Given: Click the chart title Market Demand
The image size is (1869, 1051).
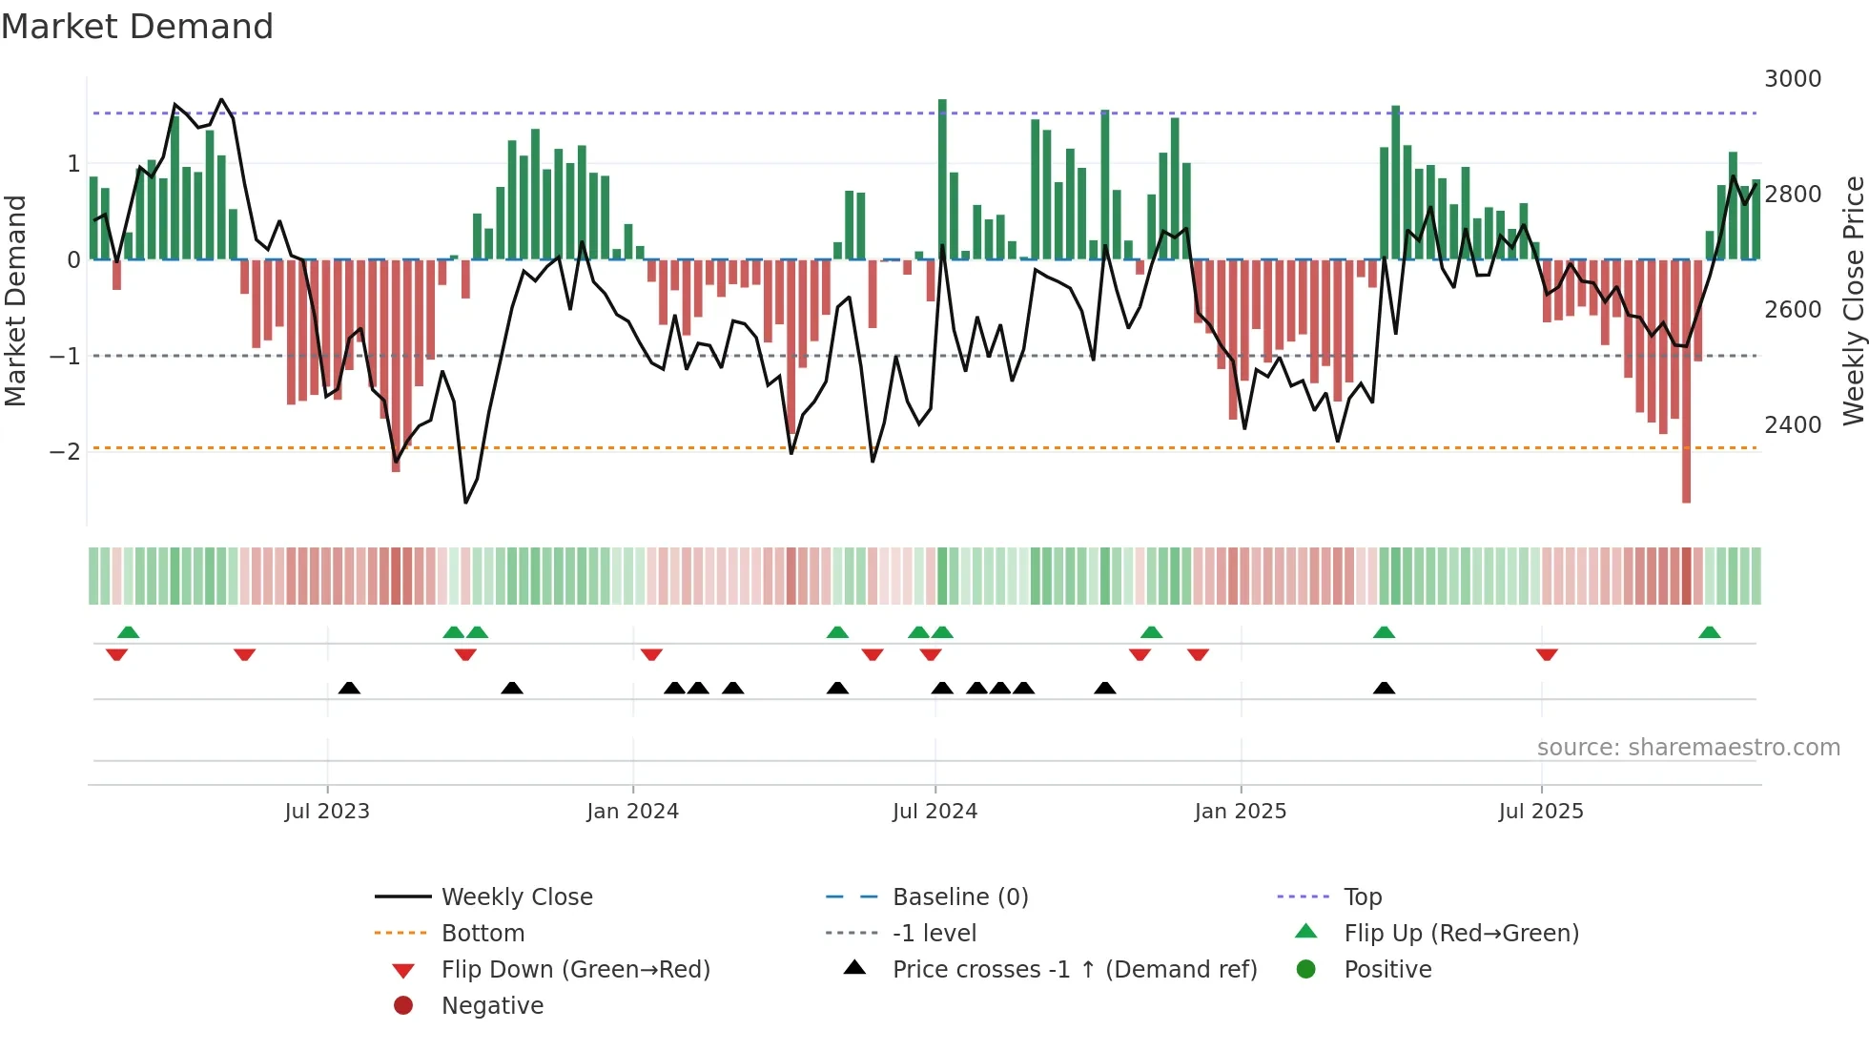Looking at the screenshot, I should point(137,26).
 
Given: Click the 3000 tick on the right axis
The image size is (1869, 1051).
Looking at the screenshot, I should point(1792,79).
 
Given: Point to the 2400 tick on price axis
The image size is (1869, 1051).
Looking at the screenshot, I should point(1792,425).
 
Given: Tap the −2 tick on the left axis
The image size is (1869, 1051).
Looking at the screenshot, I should point(65,451).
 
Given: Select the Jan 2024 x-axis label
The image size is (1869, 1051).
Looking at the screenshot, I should point(632,812).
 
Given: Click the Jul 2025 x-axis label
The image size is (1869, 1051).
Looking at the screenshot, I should point(1540,812).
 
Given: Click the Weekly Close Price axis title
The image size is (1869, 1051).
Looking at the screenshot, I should point(1853,300).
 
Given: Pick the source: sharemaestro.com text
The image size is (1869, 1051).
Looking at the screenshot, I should point(1688,748).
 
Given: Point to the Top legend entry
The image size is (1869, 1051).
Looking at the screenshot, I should point(1363,897).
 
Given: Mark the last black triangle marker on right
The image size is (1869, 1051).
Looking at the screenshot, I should point(1384,689).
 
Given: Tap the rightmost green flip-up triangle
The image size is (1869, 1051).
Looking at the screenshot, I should point(1709,632).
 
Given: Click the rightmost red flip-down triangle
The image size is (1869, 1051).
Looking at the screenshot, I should point(1547,654).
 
